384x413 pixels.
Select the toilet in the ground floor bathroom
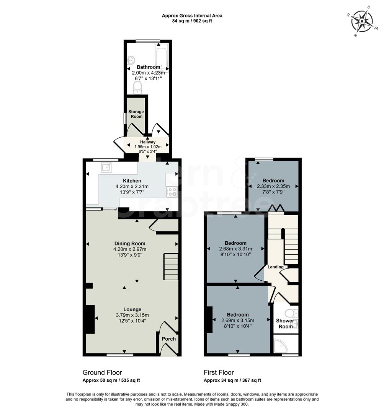pyautogui.click(x=137, y=88)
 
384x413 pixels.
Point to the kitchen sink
pyautogui.click(x=106, y=167)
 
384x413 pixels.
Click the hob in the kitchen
pyautogui.click(x=172, y=191)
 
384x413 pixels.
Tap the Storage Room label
pyautogui.click(x=136, y=114)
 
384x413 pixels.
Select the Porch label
pyautogui.click(x=169, y=339)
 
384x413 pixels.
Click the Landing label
pyautogui.click(x=276, y=267)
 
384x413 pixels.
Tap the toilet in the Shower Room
pyautogui.click(x=294, y=313)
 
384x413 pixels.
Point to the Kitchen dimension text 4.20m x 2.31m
pyautogui.click(x=132, y=187)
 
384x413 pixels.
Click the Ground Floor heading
pyautogui.click(x=102, y=372)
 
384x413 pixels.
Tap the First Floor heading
pyautogui.click(x=219, y=372)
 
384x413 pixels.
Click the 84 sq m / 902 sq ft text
pyautogui.click(x=192, y=21)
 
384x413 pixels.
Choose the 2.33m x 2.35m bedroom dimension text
pyautogui.click(x=273, y=187)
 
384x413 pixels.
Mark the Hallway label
pyautogui.click(x=148, y=142)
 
